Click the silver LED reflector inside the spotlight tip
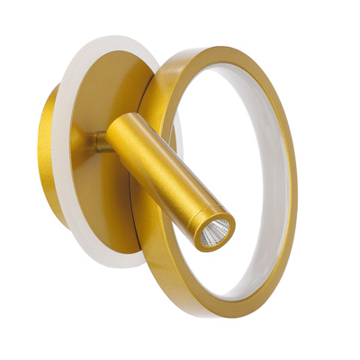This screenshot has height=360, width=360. (213, 234)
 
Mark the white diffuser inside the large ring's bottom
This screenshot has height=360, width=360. (238, 286)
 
